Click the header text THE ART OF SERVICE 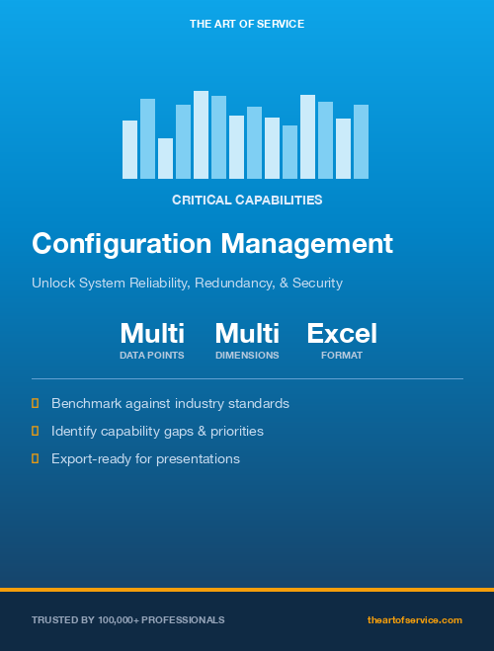pyautogui.click(x=247, y=23)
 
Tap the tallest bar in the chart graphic pyautogui.click(x=201, y=134)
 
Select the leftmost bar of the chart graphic pyautogui.click(x=129, y=149)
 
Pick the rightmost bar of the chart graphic pyautogui.click(x=361, y=141)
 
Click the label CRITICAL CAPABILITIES pyautogui.click(x=247, y=200)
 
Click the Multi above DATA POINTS pyautogui.click(x=152, y=333)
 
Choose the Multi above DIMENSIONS pyautogui.click(x=247, y=333)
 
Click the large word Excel pyautogui.click(x=342, y=333)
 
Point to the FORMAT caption pyautogui.click(x=342, y=355)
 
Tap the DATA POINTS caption pyautogui.click(x=152, y=355)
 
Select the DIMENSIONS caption pyautogui.click(x=247, y=355)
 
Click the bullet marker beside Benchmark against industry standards pyautogui.click(x=36, y=403)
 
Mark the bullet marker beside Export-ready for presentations pyautogui.click(x=36, y=458)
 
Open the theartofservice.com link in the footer pyautogui.click(x=415, y=619)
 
